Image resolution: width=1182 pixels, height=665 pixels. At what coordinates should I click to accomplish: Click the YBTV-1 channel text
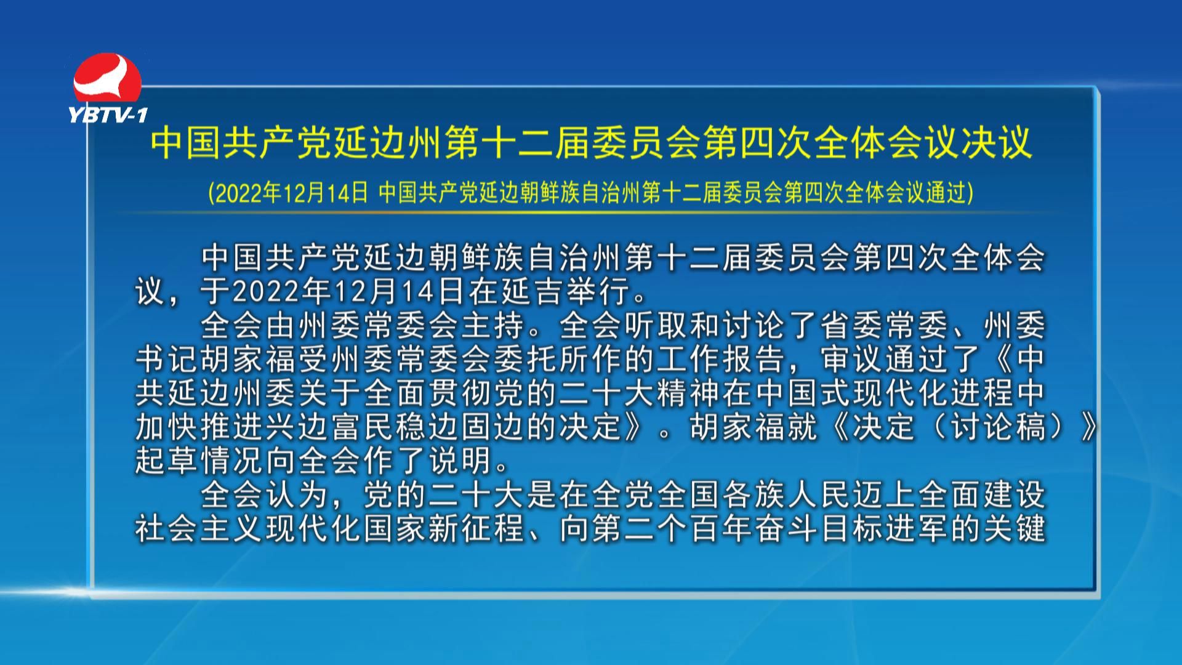pyautogui.click(x=108, y=115)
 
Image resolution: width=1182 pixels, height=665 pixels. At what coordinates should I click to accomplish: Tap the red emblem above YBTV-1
pyautogui.click(x=107, y=79)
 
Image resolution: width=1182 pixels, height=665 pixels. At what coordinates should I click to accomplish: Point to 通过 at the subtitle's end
pyautogui.click(x=946, y=193)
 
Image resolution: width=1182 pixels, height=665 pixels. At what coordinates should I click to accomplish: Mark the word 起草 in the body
pyautogui.click(x=167, y=461)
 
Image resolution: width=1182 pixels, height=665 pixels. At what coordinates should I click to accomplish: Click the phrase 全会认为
pyautogui.click(x=265, y=495)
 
